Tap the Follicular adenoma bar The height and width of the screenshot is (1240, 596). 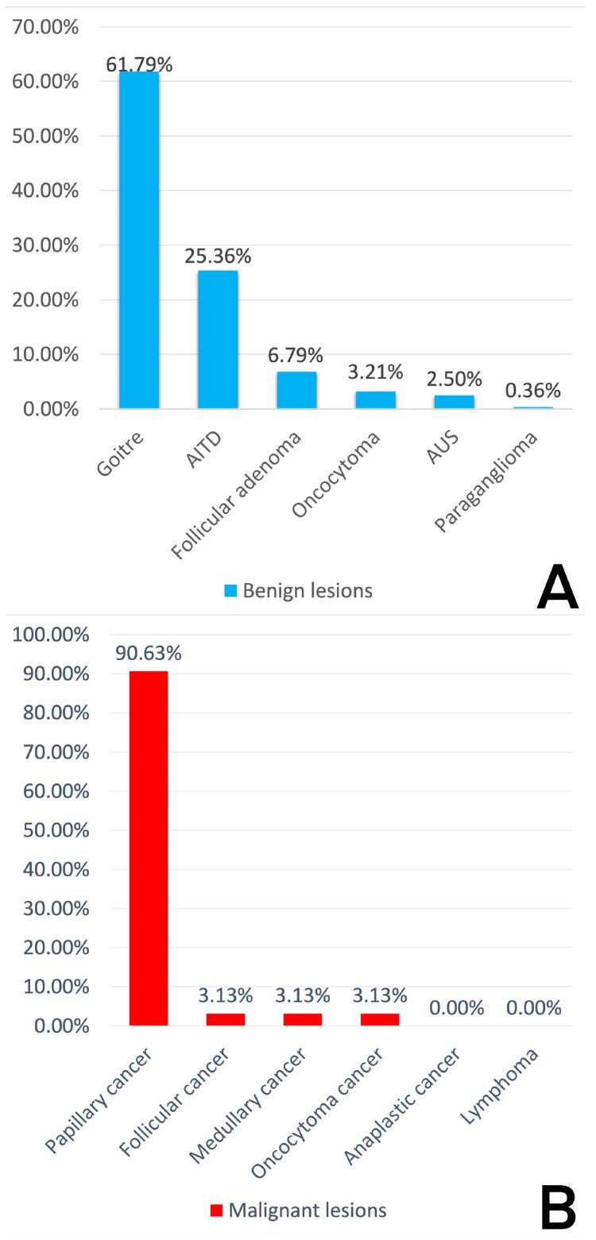coord(296,390)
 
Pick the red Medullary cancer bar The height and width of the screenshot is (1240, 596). coord(303,1019)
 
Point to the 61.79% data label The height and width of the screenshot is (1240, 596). coord(139,64)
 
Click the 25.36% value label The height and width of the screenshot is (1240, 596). coord(218,257)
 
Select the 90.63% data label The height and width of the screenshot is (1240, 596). coord(149,653)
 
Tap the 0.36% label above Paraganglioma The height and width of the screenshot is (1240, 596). coord(533,390)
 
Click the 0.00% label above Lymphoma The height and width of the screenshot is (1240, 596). coord(534,1008)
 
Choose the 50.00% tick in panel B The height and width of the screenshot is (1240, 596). coord(51,830)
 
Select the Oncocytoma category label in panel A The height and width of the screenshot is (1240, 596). coord(336,475)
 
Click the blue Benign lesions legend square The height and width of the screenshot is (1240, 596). coord(230,590)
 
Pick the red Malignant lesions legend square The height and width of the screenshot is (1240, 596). coord(216,1211)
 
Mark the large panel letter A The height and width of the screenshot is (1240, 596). coord(558,589)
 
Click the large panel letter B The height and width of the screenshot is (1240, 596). coord(558,1208)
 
